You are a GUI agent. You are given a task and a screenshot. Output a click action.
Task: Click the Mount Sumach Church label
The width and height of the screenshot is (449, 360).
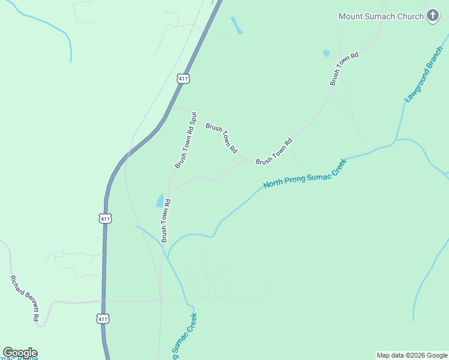(381, 16)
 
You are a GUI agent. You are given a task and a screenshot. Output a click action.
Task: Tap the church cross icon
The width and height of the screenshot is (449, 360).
(432, 16)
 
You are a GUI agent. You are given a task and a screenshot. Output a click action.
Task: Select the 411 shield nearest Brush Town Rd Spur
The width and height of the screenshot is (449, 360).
(184, 79)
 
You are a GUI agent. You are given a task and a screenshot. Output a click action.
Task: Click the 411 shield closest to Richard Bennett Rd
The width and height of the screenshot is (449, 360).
(103, 319)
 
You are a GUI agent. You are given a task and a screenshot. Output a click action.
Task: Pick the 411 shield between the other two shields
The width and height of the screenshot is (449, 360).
(105, 219)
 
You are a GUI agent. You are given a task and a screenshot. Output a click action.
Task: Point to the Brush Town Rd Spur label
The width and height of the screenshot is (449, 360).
(185, 139)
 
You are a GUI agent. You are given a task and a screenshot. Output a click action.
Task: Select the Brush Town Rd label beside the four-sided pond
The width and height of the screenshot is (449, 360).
(166, 221)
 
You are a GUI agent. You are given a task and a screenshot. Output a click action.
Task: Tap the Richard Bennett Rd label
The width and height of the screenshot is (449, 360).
(24, 299)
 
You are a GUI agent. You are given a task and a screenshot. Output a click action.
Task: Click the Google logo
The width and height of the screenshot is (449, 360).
(19, 353)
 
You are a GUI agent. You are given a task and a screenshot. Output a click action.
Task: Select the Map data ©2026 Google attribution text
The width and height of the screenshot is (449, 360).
(412, 355)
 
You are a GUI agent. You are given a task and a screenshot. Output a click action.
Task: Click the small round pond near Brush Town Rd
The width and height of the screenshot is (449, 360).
(326, 53)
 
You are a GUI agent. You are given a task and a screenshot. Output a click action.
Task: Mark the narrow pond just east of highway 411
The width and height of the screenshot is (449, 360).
(237, 26)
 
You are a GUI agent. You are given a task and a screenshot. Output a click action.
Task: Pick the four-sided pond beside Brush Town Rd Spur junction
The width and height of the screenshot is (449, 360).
(160, 200)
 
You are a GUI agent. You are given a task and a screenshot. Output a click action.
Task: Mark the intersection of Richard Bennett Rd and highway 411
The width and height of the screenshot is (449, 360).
(104, 301)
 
